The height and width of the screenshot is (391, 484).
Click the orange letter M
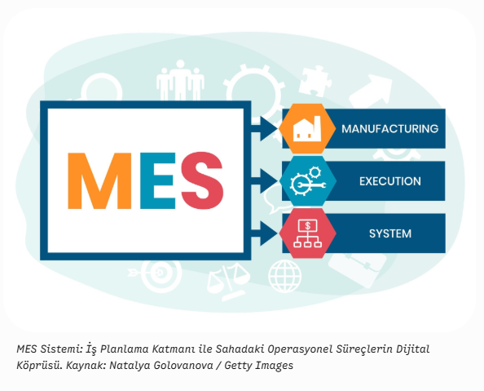click(x=99, y=181)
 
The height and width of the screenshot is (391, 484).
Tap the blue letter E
click(x=158, y=181)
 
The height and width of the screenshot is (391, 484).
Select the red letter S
click(x=202, y=180)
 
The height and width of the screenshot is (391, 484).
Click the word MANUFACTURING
click(x=389, y=129)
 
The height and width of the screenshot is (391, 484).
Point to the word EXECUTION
click(x=390, y=181)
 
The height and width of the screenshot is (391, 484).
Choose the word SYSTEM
click(x=390, y=233)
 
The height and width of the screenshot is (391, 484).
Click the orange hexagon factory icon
click(x=307, y=128)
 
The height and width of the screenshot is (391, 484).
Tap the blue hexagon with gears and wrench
click(x=308, y=181)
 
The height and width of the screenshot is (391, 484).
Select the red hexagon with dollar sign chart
click(x=307, y=233)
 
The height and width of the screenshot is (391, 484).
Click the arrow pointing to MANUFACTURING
click(x=264, y=129)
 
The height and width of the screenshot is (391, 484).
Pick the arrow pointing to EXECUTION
click(x=264, y=181)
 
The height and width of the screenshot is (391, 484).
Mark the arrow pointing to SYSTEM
click(x=264, y=233)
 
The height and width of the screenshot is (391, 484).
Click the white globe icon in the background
click(x=284, y=276)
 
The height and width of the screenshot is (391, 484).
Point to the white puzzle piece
click(x=315, y=81)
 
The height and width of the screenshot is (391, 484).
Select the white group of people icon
click(x=180, y=80)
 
